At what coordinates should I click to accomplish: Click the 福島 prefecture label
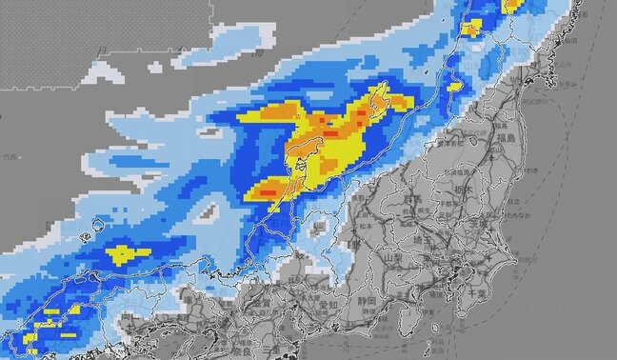coord(504,139)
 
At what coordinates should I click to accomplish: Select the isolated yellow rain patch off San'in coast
coord(128,253)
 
